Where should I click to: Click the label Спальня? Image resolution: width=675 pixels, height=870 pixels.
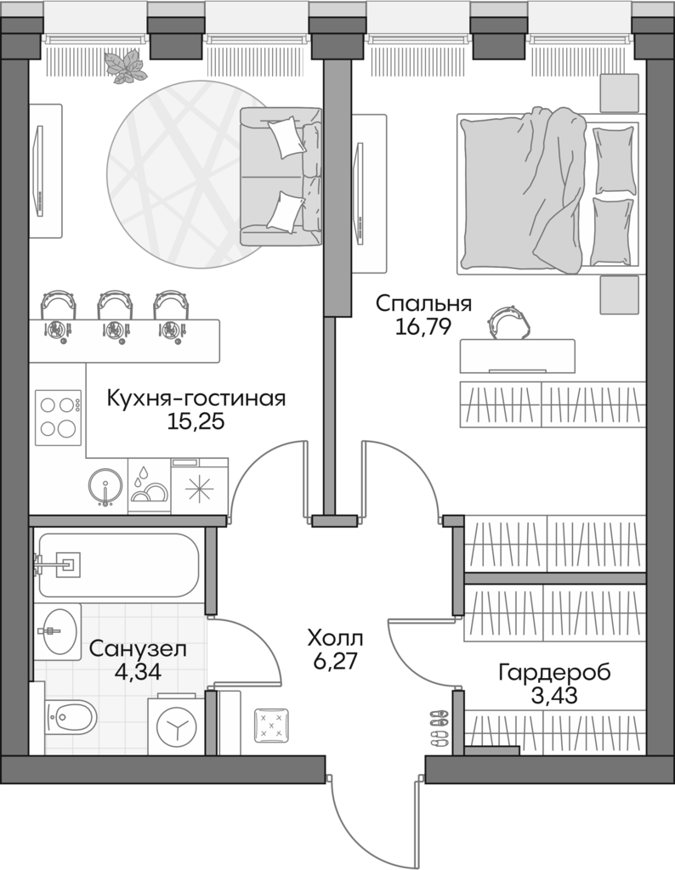point(423,304)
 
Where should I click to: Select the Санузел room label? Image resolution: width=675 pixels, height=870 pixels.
point(137,649)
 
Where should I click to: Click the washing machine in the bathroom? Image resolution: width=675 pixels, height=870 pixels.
point(177,727)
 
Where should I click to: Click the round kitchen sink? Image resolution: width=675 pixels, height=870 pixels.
point(106,488)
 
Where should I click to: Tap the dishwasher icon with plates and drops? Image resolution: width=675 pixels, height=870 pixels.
point(149,486)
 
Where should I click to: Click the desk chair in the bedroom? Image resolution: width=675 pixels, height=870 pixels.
point(508,320)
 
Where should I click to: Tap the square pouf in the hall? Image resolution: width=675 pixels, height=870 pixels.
point(272,725)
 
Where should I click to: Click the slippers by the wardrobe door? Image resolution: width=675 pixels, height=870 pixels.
point(439,727)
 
